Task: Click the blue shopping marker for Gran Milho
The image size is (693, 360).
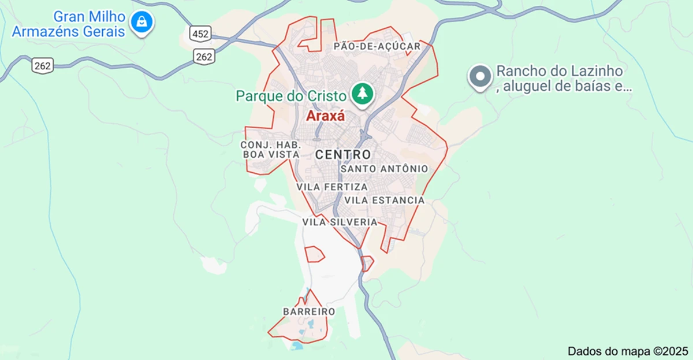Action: pos(141,22)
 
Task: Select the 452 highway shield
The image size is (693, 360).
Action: pos(200,34)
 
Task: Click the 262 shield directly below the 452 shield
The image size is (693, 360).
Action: pos(204,56)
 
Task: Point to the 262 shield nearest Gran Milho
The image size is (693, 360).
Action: pos(43,65)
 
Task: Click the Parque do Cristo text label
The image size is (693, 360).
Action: pos(290,96)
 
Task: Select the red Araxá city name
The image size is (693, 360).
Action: pos(325,116)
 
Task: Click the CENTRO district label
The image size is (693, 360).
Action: pos(343,154)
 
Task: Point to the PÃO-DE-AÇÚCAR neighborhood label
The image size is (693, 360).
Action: pos(377,46)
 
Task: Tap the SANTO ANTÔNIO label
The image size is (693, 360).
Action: pos(384,169)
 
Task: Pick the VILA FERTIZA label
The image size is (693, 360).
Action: pos(332,187)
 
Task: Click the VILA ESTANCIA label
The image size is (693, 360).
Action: pos(384,200)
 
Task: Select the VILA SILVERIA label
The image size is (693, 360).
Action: pos(340,222)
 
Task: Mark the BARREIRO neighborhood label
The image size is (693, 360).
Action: pos(309,311)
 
